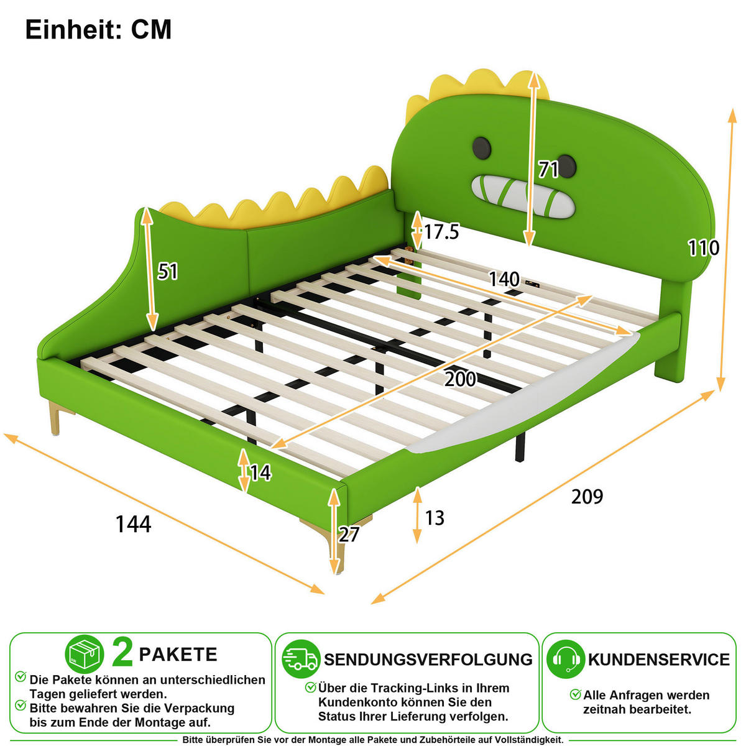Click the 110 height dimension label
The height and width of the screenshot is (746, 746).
[703, 247]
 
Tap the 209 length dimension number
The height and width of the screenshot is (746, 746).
[587, 496]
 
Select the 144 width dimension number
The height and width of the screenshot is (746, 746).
[133, 524]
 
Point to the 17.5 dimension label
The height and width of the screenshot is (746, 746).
[441, 232]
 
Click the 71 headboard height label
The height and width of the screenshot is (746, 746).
[548, 170]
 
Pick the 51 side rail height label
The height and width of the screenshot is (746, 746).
[168, 271]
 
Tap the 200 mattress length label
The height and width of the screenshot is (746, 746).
[460, 379]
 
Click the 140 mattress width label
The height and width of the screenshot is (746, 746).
[504, 279]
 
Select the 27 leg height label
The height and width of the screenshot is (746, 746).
[349, 535]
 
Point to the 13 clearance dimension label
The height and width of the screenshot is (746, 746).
[435, 518]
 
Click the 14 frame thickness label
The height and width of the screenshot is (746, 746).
[260, 472]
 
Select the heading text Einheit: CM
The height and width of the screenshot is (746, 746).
[98, 29]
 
